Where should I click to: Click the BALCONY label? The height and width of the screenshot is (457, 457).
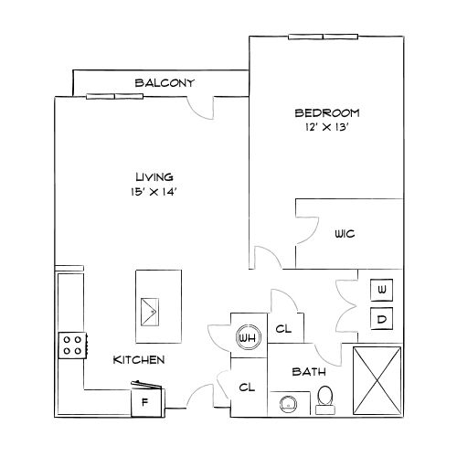[165, 83]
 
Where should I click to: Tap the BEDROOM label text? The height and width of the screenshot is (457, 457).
[326, 113]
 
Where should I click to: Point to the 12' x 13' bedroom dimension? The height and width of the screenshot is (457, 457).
[326, 128]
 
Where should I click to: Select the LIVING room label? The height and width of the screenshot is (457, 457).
[154, 176]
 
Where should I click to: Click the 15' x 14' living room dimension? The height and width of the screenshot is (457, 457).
[154, 191]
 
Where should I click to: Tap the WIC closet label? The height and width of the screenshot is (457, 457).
[345, 234]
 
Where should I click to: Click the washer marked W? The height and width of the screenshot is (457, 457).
[382, 291]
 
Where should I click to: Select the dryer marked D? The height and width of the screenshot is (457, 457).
[382, 319]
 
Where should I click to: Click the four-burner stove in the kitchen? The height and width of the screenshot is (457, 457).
[71, 345]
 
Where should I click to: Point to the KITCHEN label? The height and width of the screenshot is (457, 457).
[138, 360]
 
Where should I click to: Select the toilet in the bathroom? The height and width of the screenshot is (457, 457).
[324, 398]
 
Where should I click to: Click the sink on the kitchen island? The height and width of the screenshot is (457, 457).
[149, 311]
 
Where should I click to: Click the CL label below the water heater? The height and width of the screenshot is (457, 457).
[246, 388]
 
